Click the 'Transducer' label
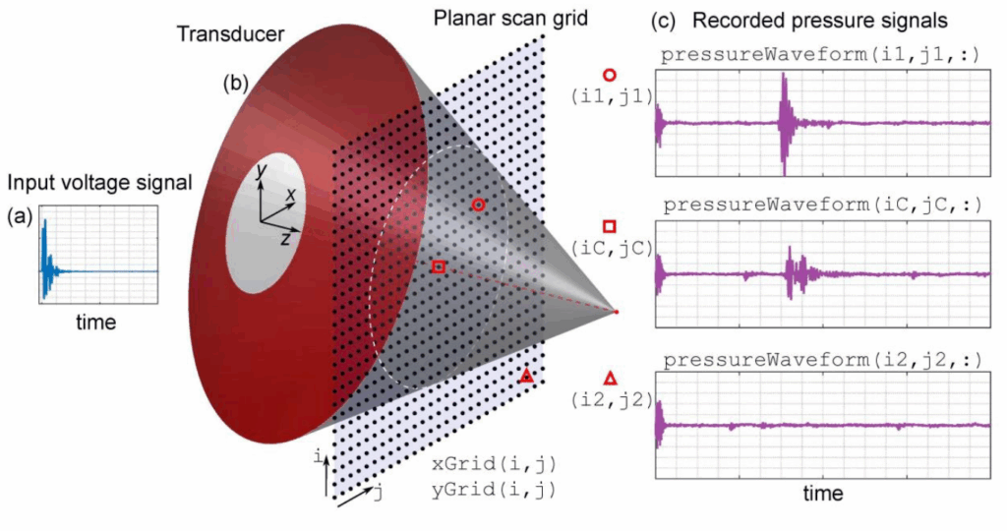(231, 33)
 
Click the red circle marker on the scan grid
(478, 205)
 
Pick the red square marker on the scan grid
(439, 266)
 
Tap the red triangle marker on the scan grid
(526, 377)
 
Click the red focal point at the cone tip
(617, 312)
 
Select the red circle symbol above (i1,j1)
(610, 74)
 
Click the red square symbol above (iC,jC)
(610, 226)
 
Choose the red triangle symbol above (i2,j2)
(610, 378)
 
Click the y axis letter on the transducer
(259, 171)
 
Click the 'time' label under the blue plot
(96, 322)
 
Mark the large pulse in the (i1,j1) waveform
(784, 123)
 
